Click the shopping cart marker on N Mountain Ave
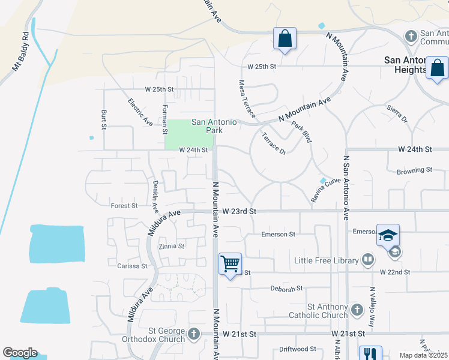tap(231, 264)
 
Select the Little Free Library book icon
tap(367, 260)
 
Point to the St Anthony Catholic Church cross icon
tap(357, 310)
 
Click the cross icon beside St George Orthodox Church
tap(193, 334)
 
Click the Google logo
tap(20, 353)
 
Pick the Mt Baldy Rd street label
tap(20, 51)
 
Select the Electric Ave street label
tap(140, 112)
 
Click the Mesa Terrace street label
tap(247, 99)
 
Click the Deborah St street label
tap(283, 289)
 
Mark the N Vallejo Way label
tap(372, 306)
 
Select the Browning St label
tap(414, 171)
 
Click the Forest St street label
tap(124, 206)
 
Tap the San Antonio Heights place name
tap(406, 65)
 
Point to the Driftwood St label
tap(297, 349)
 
